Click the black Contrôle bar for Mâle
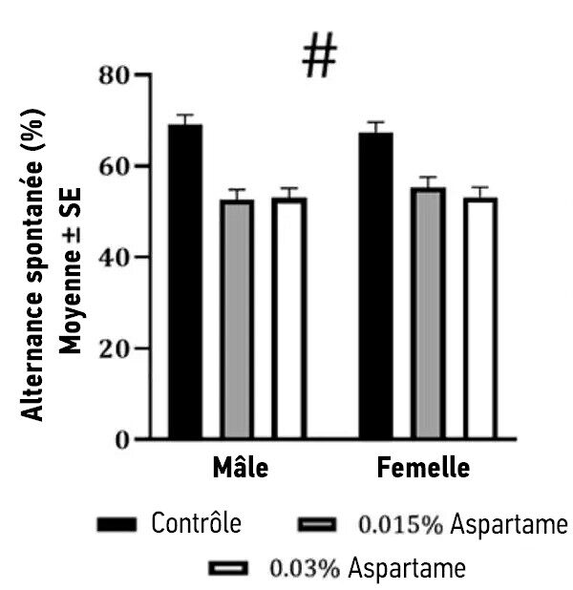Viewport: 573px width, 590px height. pos(184,282)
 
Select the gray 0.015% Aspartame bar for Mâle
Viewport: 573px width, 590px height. pos(236,320)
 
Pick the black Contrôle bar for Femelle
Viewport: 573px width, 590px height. pos(375,285)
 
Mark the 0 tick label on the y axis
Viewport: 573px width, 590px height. pos(121,440)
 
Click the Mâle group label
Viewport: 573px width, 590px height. pos(240,469)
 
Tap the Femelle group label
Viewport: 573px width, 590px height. pos(423,469)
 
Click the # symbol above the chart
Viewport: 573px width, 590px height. pos(320,57)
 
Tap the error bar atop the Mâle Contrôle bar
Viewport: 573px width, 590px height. pos(184,119)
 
